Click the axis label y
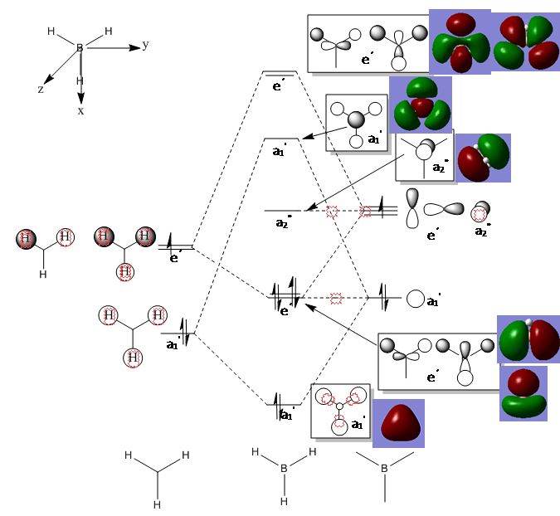click(x=145, y=46)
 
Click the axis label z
click(x=41, y=89)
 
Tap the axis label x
click(x=80, y=110)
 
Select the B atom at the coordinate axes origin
click(x=80, y=48)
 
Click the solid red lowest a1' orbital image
click(x=398, y=424)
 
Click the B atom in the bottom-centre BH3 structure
click(x=284, y=470)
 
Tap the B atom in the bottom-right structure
click(x=384, y=470)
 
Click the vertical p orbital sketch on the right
click(x=412, y=208)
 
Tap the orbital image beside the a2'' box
click(x=484, y=158)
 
